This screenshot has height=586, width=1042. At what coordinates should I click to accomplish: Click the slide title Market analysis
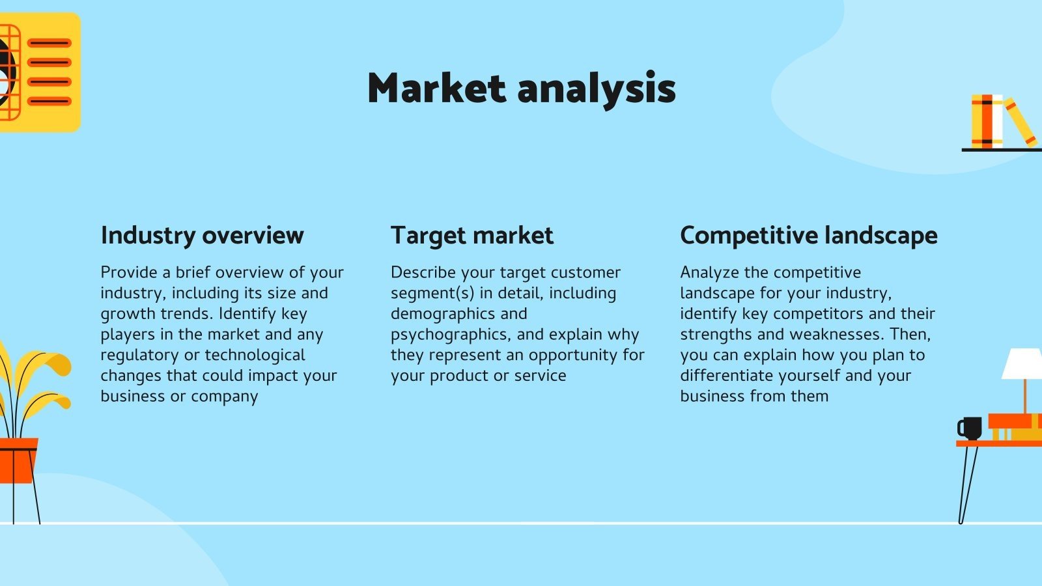pos(522,89)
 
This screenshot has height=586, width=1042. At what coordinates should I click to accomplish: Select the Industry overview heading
pos(203,235)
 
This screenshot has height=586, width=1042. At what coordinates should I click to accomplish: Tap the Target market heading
pos(472,235)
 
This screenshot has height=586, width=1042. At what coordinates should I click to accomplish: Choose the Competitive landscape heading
pos(809,235)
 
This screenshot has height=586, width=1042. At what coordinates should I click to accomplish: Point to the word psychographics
pos(450,335)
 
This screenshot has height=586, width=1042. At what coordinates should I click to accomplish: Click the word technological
pos(255,356)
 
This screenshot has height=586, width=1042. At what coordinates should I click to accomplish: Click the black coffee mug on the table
pos(970,428)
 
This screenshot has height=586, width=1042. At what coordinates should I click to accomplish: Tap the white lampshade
pos(1022,364)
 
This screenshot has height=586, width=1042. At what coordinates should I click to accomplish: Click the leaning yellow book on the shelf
pos(1020,122)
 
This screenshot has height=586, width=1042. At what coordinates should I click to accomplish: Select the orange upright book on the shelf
pos(987,122)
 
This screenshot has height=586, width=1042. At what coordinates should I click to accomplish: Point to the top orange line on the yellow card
pos(49,43)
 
